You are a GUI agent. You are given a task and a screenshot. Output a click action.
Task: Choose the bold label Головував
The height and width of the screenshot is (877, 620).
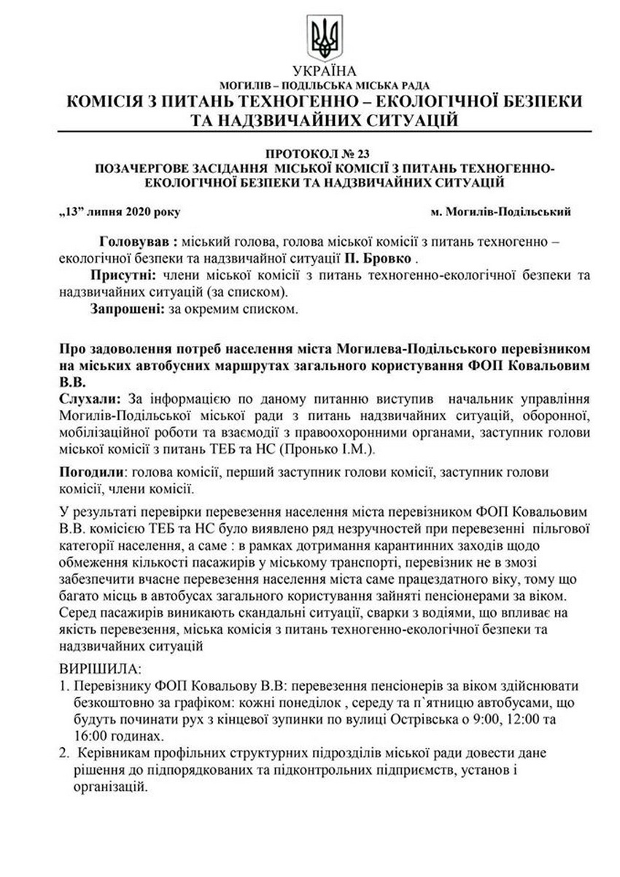click(135, 240)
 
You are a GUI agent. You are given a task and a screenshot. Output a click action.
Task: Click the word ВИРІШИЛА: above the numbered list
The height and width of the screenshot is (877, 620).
click(101, 668)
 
